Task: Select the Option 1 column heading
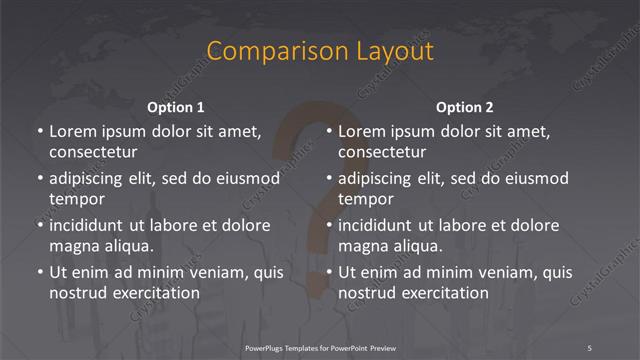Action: pos(176,107)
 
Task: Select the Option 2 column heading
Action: pos(465,107)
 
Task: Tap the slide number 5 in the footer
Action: pos(589,347)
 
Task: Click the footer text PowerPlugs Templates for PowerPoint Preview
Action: pos(321,347)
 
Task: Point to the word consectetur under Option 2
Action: pos(382,153)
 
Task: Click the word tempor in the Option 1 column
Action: pos(76,199)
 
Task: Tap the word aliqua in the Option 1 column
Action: pos(126,246)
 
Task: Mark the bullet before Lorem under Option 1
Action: pos(39,131)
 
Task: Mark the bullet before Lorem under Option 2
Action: pos(328,131)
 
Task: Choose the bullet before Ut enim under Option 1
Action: pos(39,272)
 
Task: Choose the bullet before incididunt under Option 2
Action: pos(328,225)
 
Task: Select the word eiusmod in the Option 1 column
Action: pos(247,178)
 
